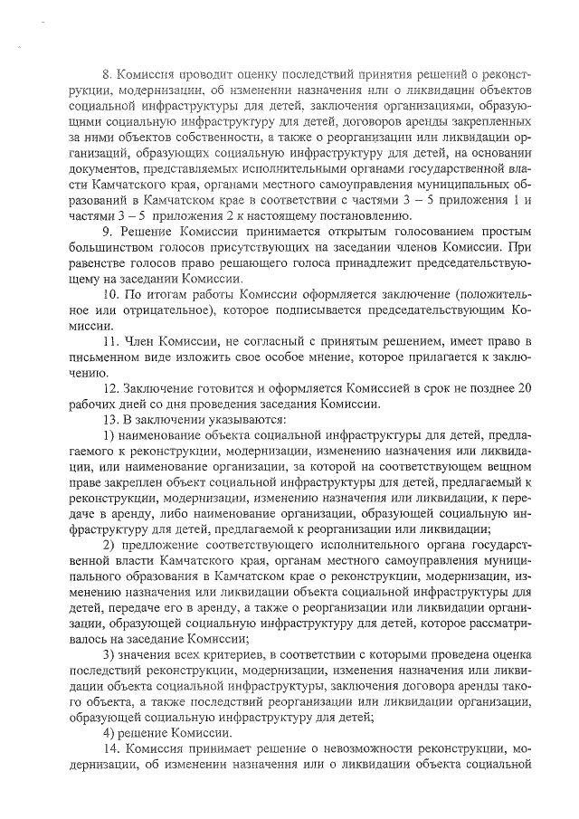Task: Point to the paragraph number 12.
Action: (109, 388)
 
